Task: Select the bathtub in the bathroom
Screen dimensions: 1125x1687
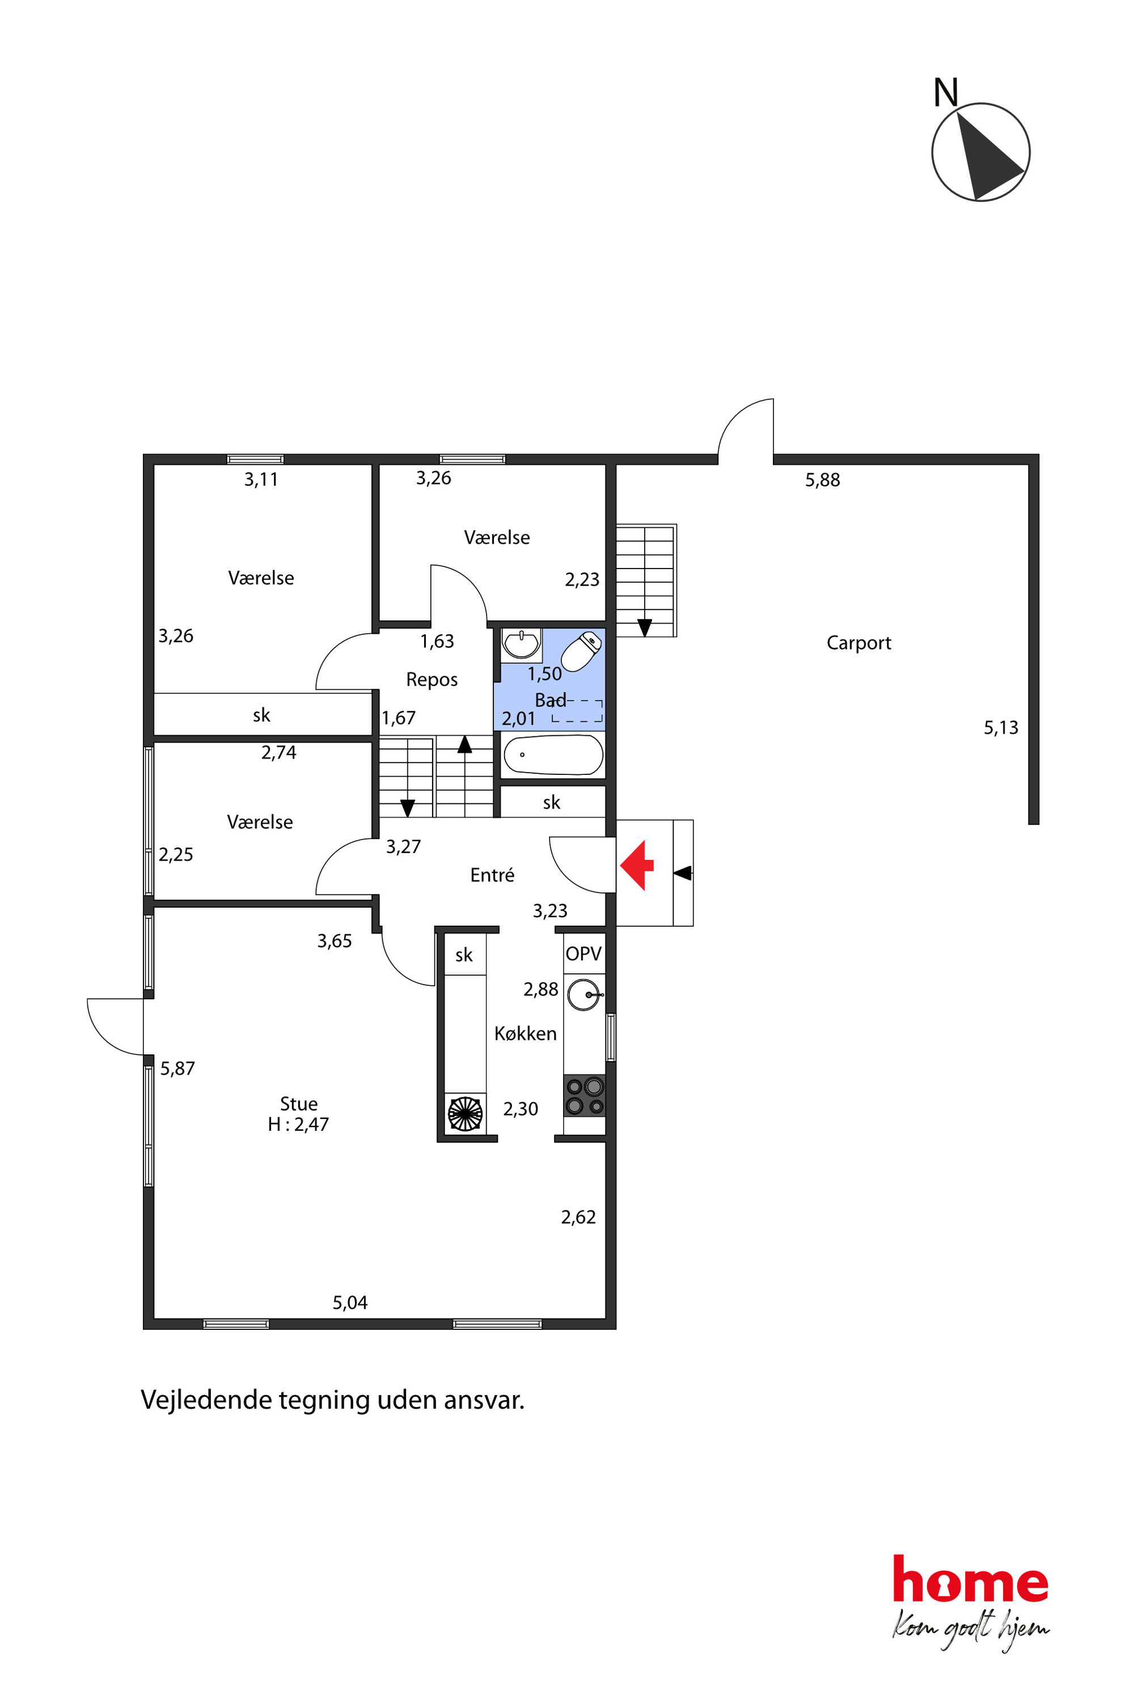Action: pyautogui.click(x=553, y=755)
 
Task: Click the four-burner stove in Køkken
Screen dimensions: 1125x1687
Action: pyautogui.click(x=584, y=1096)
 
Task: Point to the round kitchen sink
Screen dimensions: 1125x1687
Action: pyautogui.click(x=584, y=995)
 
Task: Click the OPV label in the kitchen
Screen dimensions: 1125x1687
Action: pyautogui.click(x=583, y=954)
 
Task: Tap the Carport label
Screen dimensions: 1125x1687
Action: pyautogui.click(x=859, y=643)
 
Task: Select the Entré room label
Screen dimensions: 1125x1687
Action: pyautogui.click(x=492, y=875)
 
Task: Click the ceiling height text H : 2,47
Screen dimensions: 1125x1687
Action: pyautogui.click(x=298, y=1124)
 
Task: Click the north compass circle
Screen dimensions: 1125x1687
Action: pyautogui.click(x=981, y=152)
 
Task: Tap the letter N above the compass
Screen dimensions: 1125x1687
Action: pyautogui.click(x=946, y=92)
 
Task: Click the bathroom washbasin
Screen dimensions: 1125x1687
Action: pyautogui.click(x=522, y=643)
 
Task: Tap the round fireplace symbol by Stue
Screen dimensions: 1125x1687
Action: pyautogui.click(x=466, y=1113)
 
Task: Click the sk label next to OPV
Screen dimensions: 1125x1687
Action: pyautogui.click(x=464, y=955)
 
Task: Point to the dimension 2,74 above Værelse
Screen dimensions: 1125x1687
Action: pyautogui.click(x=278, y=752)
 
